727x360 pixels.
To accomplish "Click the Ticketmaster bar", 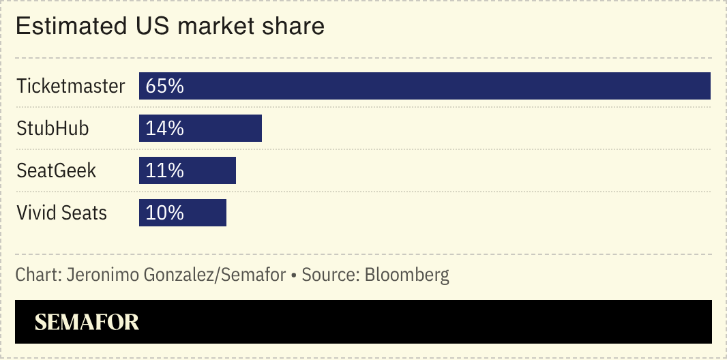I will (424, 86).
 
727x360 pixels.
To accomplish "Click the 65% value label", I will (165, 86).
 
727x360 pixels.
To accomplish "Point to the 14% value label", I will (165, 128).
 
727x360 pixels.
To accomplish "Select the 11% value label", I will (165, 170).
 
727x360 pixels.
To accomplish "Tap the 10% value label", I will (165, 213).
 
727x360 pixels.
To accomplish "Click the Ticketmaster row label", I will (71, 86).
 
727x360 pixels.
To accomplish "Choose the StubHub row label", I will (53, 128).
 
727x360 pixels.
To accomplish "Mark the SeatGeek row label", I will (57, 170).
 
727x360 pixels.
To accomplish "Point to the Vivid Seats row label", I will (62, 213).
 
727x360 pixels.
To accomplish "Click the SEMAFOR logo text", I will (87, 322).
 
